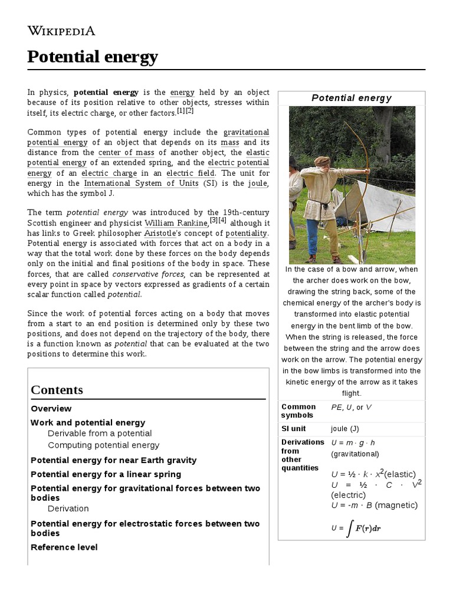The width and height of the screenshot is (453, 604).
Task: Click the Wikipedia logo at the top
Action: coord(61,31)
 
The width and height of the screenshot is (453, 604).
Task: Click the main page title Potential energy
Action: coord(93,57)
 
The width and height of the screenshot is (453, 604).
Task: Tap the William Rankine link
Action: coord(176,223)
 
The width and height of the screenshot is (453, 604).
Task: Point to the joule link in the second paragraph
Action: coord(258,183)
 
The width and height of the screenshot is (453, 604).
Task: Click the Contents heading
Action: coord(57,390)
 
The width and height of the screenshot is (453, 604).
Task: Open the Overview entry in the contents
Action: coord(51,409)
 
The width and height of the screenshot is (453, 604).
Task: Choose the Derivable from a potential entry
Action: coord(100,434)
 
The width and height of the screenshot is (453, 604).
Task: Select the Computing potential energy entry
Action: coord(103,445)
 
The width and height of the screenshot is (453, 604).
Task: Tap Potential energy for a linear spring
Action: coord(106,474)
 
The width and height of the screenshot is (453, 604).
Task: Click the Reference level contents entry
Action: coord(64,547)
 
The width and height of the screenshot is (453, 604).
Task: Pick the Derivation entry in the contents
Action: coord(68,508)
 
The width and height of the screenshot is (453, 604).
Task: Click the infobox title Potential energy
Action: coord(352,98)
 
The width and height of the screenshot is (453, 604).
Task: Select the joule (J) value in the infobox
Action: coord(344,429)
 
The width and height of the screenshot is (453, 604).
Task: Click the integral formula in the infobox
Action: coord(356,528)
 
